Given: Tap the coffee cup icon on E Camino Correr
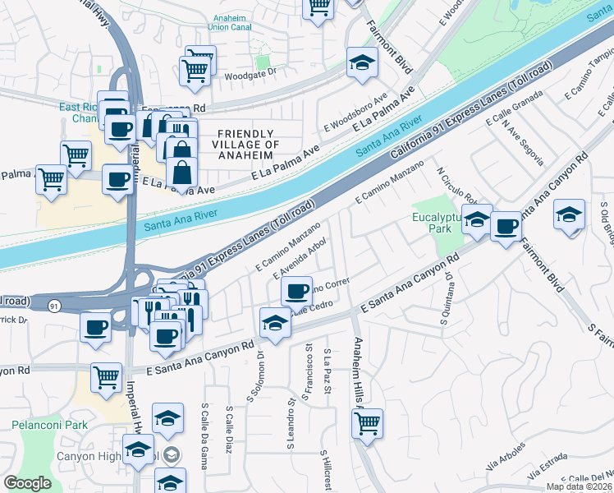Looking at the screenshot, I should (x=296, y=290).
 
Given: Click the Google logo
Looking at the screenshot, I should (x=28, y=483).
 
